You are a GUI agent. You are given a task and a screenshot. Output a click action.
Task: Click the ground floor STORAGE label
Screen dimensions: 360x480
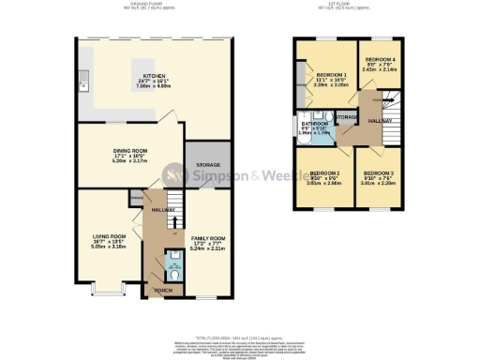pos(207,165)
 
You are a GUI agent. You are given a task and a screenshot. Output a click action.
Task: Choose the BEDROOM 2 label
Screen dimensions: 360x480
pos(324,174)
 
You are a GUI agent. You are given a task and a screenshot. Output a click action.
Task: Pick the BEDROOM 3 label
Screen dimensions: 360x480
pos(380,174)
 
